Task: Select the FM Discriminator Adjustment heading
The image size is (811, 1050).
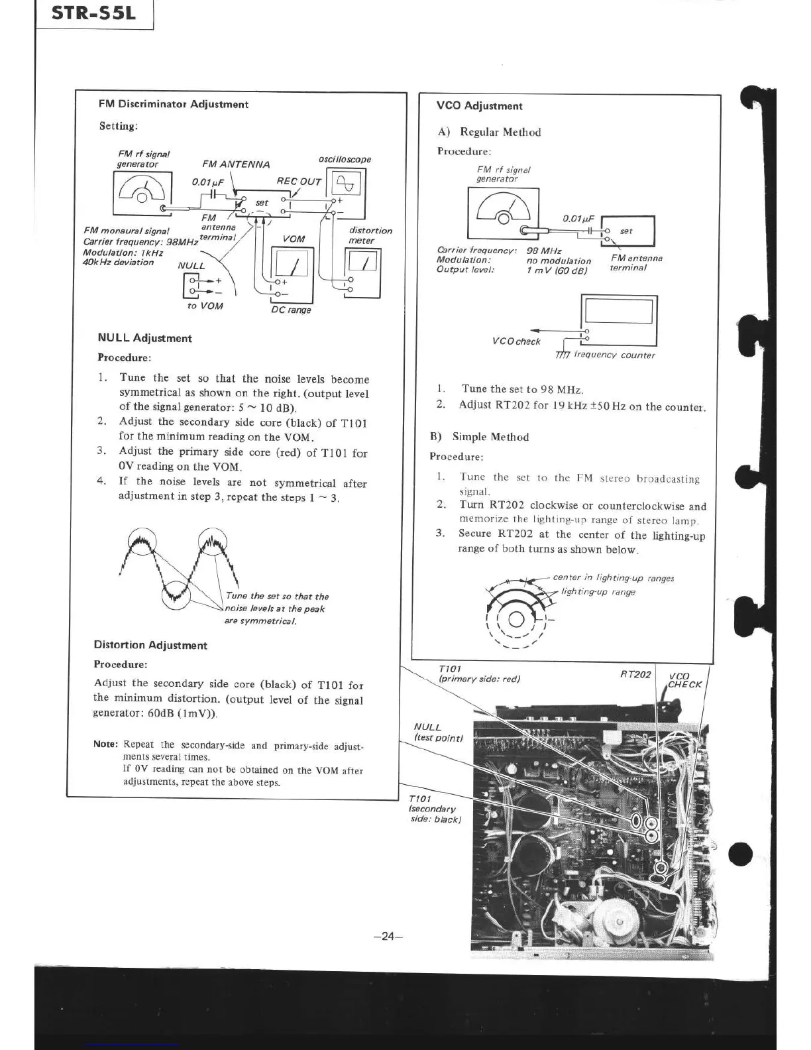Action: tap(173, 104)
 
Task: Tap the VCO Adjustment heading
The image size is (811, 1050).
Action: tap(479, 106)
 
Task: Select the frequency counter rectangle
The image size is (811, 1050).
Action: tap(618, 320)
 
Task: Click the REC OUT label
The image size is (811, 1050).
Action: tap(298, 182)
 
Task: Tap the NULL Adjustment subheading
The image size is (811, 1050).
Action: tap(144, 338)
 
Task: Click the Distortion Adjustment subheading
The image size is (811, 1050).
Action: tap(150, 645)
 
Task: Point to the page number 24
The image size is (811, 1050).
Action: tap(388, 936)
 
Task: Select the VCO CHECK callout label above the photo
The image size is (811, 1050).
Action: tap(684, 679)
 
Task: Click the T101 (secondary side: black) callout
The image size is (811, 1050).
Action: tap(434, 809)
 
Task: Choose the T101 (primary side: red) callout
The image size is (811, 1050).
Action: tap(478, 674)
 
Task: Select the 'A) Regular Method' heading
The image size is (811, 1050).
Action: tap(489, 132)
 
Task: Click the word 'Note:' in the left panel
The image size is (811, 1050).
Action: tap(106, 744)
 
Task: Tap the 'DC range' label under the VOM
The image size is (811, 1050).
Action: tap(291, 310)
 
